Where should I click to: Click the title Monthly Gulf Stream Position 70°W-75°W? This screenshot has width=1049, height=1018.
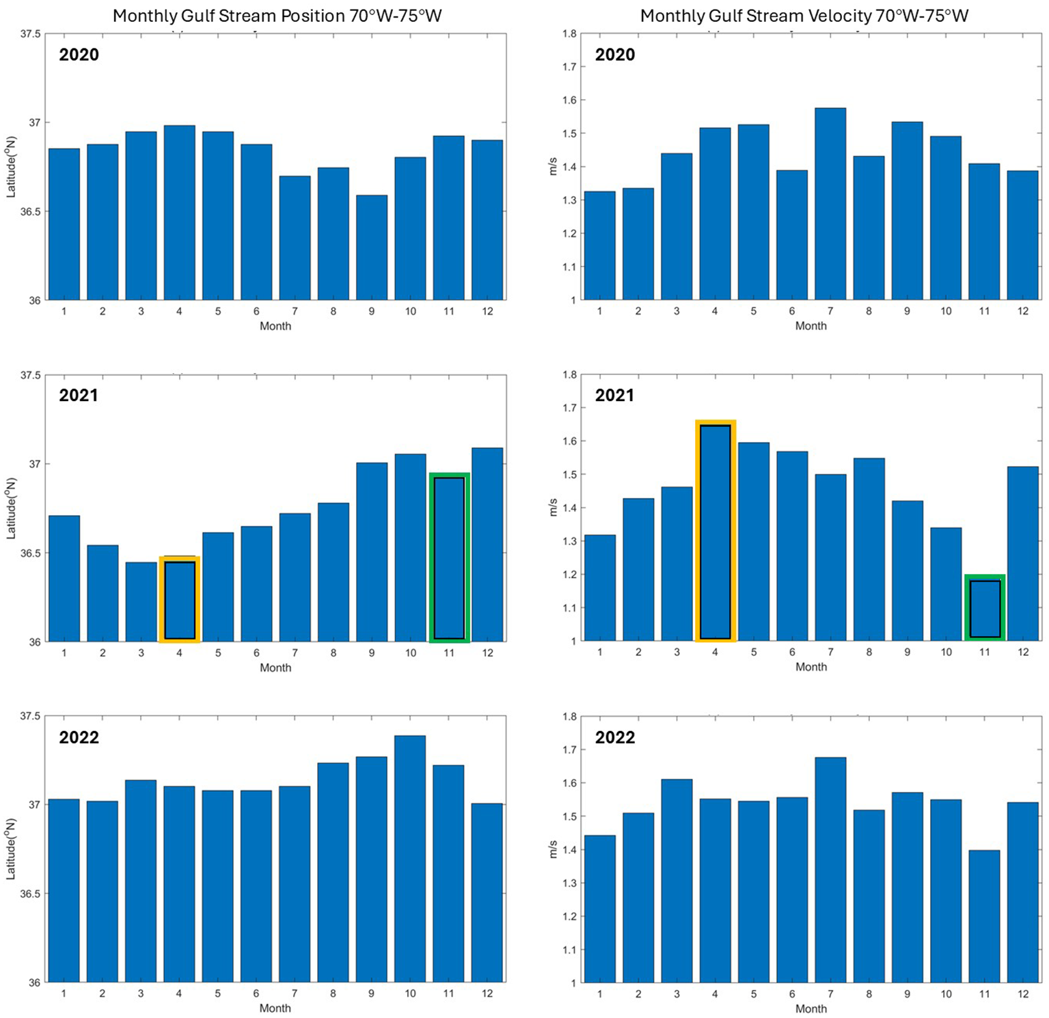point(277,16)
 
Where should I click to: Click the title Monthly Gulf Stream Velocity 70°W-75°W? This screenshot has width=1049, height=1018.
point(804,16)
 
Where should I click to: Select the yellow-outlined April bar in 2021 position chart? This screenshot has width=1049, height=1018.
point(180,600)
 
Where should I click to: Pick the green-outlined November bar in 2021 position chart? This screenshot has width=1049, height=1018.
point(449,558)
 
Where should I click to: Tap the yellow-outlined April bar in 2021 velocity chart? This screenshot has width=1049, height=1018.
point(715,532)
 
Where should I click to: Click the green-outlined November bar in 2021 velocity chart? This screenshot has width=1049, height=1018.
point(984,608)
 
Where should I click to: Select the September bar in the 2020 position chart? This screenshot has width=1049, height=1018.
point(372,248)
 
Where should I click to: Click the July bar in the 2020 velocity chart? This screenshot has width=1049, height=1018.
point(830,204)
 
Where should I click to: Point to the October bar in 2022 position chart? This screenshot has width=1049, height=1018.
point(410,859)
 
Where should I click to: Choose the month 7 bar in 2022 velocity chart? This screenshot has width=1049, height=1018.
point(830,870)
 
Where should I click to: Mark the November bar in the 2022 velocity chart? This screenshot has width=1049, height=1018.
point(984,916)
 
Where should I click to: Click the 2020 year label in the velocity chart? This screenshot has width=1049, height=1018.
point(614,55)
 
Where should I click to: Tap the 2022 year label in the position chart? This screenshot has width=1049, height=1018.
point(79,737)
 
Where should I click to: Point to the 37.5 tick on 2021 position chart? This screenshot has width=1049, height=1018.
point(31,375)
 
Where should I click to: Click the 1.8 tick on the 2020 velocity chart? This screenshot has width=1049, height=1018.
point(569,33)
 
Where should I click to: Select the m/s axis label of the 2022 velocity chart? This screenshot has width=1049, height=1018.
point(553,849)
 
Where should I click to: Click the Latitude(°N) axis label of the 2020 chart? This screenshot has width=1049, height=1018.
point(11,167)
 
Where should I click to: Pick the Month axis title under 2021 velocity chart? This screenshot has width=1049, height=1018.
point(810,667)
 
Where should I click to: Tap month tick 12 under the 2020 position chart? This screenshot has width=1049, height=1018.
point(487,311)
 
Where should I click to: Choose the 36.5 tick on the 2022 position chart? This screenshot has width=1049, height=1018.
point(31,894)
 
